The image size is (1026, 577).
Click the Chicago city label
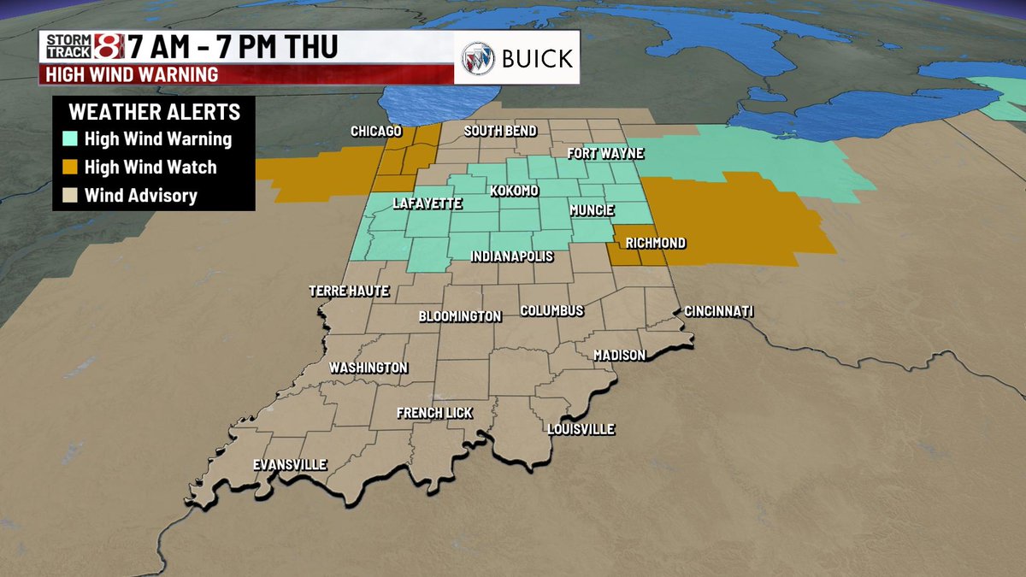coord(376,131)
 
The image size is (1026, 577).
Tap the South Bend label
coord(500,131)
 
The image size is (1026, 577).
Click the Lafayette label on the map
coord(427,203)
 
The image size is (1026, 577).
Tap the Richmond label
coord(655,243)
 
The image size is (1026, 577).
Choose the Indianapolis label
coord(512,256)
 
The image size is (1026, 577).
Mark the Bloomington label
coord(460,316)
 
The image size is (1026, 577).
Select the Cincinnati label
coord(718,311)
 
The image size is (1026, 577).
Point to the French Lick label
coord(434,413)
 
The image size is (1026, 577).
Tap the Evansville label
coord(290,465)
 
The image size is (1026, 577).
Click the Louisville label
coord(581,429)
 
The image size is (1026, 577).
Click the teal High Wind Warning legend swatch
coord(70,138)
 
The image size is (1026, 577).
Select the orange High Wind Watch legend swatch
coord(70,168)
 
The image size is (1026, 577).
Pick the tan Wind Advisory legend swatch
coord(70,196)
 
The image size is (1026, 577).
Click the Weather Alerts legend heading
coord(154,112)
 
